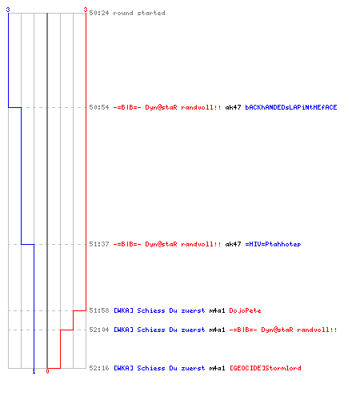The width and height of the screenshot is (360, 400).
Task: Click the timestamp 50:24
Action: tap(99, 13)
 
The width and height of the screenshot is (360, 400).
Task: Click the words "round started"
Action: tap(139, 13)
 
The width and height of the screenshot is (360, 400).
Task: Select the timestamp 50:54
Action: tap(99, 107)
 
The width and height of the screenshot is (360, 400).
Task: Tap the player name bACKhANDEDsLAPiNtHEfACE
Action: tap(291, 107)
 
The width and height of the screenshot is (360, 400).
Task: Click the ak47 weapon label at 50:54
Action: tap(233, 107)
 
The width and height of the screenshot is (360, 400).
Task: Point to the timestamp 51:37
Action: tap(99, 244)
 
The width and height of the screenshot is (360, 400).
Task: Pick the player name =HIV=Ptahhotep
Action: tap(273, 244)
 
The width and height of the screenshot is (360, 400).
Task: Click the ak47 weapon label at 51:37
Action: tap(233, 244)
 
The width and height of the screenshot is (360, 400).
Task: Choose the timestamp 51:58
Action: tap(99, 310)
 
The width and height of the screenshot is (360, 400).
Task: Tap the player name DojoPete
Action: tap(245, 310)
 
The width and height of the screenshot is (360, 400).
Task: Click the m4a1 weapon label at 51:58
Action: tap(217, 310)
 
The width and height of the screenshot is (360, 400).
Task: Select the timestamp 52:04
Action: tap(99, 330)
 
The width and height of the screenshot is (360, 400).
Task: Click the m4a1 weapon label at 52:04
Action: tap(217, 330)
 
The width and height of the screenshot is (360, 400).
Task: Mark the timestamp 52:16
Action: tap(99, 368)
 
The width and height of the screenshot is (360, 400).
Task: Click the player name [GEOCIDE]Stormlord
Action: tap(266, 368)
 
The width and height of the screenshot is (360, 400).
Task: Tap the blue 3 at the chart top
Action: tap(8, 10)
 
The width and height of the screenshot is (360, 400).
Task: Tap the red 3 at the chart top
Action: tap(86, 10)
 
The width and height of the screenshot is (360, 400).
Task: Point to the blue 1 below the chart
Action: tap(34, 371)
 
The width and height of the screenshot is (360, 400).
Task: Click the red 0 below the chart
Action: tap(47, 371)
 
